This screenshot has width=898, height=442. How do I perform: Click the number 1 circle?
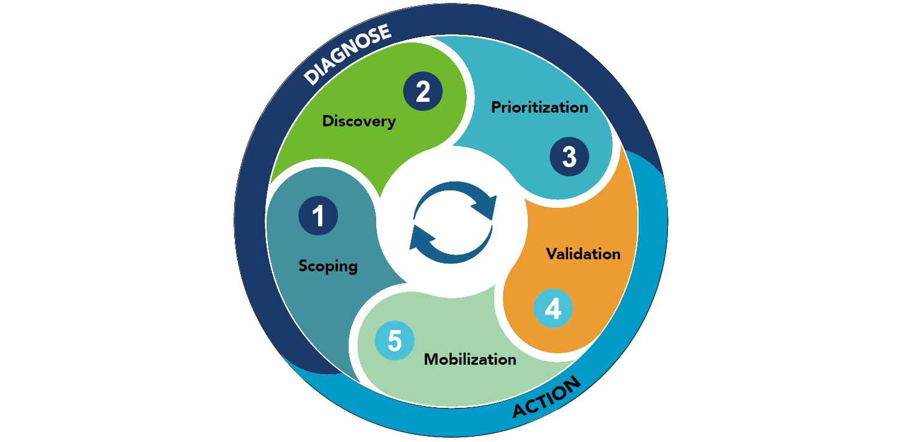[x=318, y=216]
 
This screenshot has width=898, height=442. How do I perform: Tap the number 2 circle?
[x=423, y=92]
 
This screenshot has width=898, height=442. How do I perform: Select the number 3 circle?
[x=569, y=157]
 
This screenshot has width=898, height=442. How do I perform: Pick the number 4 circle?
[x=553, y=309]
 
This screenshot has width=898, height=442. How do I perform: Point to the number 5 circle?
[x=394, y=341]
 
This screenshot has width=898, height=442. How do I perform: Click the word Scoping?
[x=328, y=266]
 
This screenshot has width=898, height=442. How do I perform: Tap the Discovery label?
[x=359, y=121]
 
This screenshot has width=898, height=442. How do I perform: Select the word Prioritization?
[x=539, y=107]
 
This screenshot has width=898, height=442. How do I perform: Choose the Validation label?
[x=583, y=254]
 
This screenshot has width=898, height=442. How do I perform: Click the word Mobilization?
[x=470, y=359]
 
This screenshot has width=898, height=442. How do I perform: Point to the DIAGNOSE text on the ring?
[x=347, y=55]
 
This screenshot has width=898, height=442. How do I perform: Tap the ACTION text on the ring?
[x=547, y=398]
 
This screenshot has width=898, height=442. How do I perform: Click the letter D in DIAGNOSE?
[x=312, y=77]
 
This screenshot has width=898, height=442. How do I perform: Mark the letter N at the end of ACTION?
[x=573, y=384]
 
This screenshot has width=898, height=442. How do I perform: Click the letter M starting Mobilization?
[x=430, y=359]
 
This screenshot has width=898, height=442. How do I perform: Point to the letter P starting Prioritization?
[x=495, y=108]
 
